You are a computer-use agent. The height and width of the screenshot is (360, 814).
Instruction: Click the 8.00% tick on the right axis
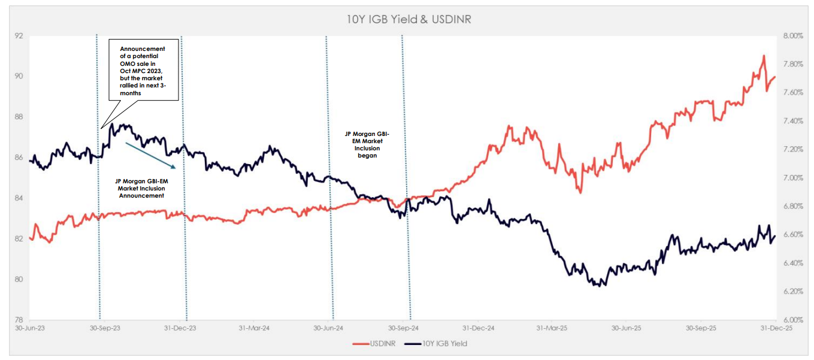point(792,36)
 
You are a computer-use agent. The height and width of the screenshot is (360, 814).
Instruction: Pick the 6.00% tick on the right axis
point(792,320)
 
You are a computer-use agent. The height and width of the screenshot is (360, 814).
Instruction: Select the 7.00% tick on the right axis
point(792,178)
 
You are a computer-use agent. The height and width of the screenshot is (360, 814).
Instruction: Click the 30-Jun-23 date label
point(29,328)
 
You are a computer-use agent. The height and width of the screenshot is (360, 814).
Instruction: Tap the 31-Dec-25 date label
point(777,328)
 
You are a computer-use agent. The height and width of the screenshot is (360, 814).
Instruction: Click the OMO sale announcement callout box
point(144,70)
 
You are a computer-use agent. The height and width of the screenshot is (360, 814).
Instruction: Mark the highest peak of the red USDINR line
point(764,56)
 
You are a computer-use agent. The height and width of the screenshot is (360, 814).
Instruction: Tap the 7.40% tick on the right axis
point(792,121)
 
